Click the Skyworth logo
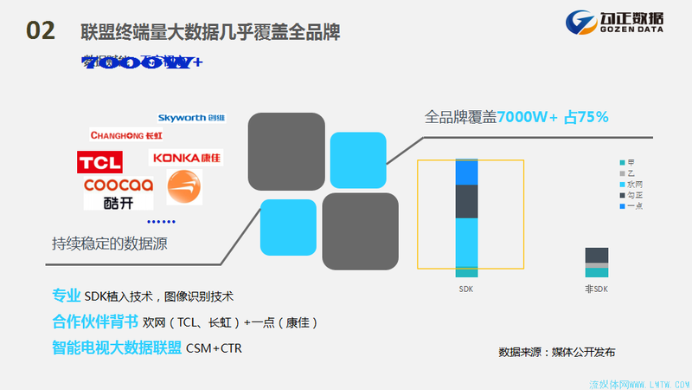tap(191, 117)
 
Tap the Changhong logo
tap(126, 135)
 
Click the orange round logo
tap(183, 187)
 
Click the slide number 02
tap(41, 31)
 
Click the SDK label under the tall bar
tap(466, 289)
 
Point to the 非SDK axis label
tap(596, 289)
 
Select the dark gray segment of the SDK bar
tap(466, 201)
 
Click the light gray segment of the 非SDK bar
tap(596, 264)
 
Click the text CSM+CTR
tap(216, 348)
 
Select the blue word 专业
tap(67, 296)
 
